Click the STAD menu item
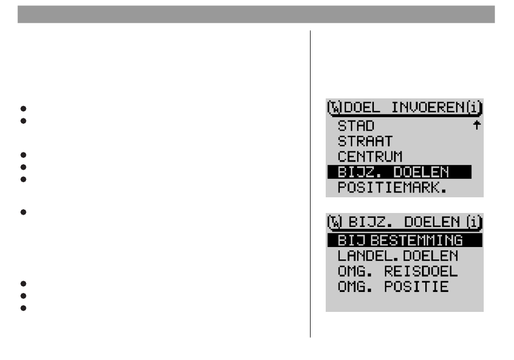(x=356, y=126)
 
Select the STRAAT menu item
(x=365, y=142)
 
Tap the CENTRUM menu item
(x=370, y=157)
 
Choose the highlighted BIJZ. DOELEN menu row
(x=399, y=172)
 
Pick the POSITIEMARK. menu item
(x=392, y=188)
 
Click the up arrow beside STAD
(x=476, y=125)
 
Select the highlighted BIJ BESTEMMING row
(x=404, y=240)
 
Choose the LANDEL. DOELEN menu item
(x=398, y=255)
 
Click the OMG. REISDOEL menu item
(x=398, y=271)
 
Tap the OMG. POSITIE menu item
(x=393, y=286)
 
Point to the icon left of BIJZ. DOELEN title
(x=335, y=222)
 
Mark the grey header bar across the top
(x=256, y=15)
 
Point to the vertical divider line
(x=310, y=184)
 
